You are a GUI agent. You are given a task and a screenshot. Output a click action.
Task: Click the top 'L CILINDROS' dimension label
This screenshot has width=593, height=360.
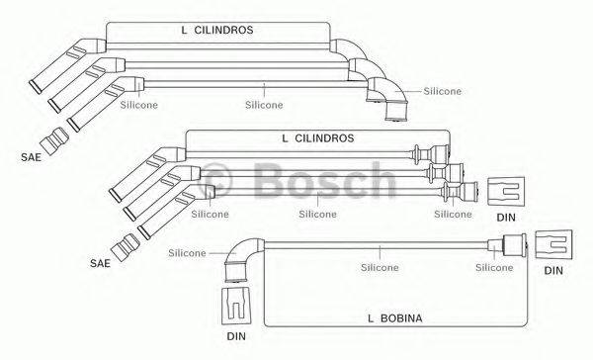coord(216,31)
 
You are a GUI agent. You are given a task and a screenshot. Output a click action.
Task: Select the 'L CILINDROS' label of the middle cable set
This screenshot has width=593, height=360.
coord(317,138)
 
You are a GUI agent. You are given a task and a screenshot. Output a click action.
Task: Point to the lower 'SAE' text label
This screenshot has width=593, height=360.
coord(100,263)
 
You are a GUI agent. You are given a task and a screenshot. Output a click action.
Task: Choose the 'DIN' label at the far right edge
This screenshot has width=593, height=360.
coord(553,269)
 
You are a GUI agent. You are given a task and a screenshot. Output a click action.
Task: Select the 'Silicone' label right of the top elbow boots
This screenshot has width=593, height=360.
coord(442,91)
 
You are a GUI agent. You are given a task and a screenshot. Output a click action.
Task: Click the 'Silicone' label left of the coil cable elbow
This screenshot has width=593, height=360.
coord(187,252)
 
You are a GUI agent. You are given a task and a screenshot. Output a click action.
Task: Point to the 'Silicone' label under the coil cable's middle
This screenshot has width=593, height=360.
coord(380,267)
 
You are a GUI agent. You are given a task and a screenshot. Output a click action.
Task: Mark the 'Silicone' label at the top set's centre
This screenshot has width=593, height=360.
coord(264,104)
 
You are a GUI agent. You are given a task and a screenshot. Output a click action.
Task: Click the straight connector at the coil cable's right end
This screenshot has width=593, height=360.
coord(511,245)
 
